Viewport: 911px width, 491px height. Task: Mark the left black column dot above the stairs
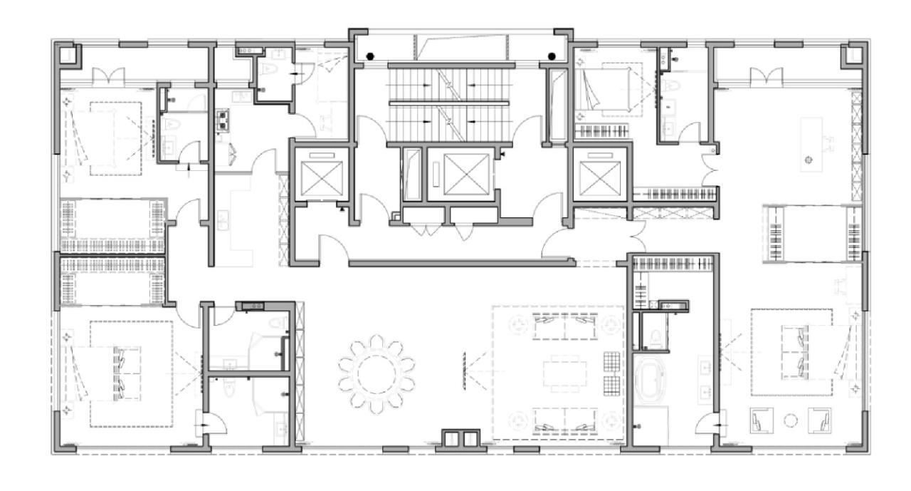[x=370, y=56]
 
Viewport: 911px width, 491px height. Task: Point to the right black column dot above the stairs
[x=552, y=56]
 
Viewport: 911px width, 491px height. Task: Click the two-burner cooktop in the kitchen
[x=222, y=122]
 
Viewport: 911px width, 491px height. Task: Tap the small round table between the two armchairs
[x=790, y=420]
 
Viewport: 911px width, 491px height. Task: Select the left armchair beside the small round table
[x=761, y=420]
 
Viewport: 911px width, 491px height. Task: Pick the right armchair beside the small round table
[x=819, y=420]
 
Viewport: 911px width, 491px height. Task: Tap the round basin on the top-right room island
[x=808, y=159]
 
